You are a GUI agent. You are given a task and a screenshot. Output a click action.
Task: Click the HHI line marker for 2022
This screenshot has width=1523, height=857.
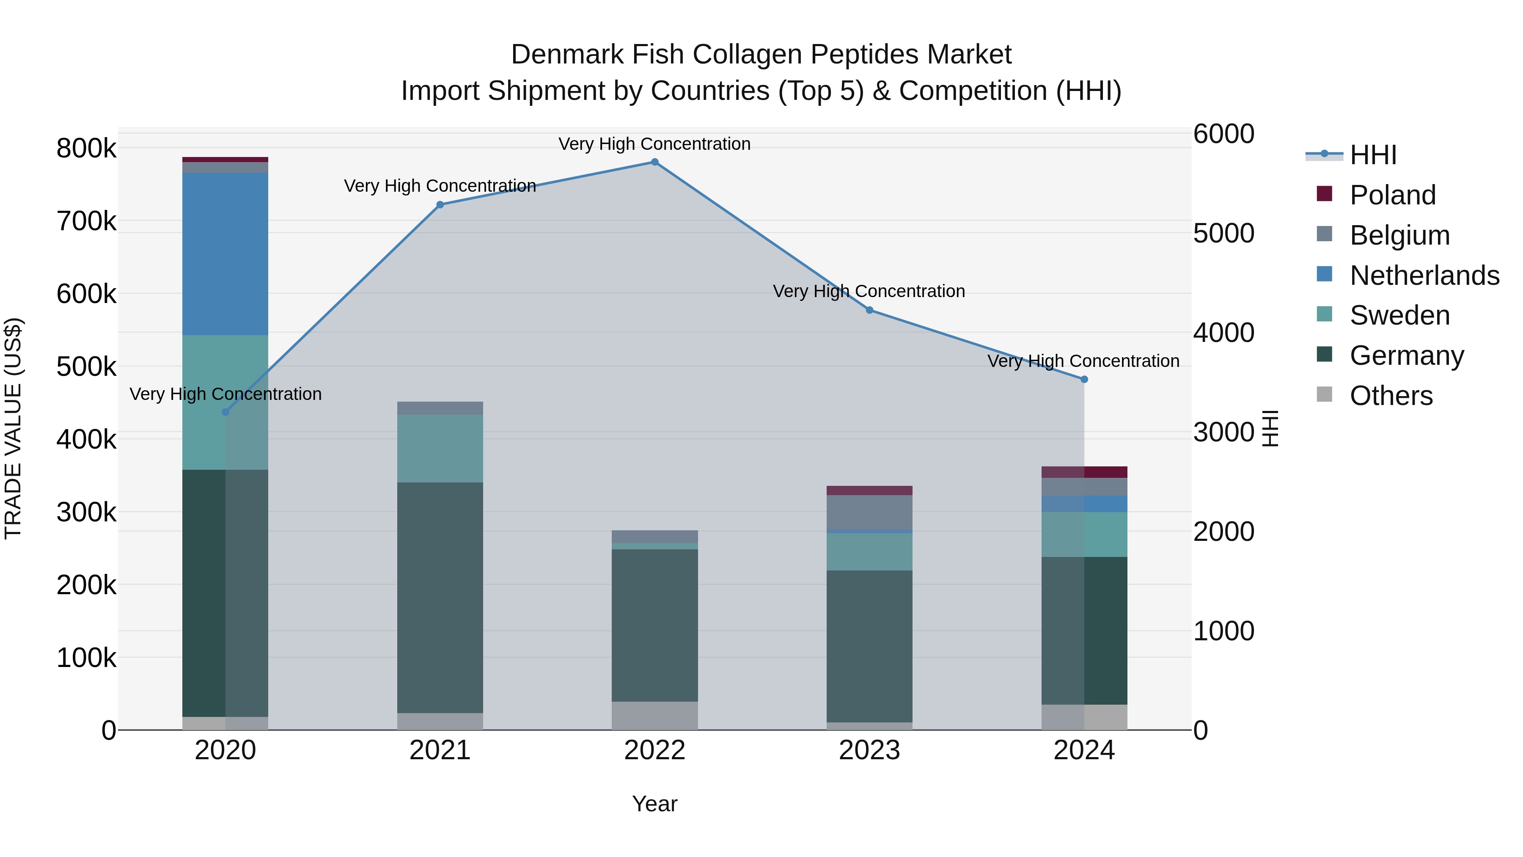654,162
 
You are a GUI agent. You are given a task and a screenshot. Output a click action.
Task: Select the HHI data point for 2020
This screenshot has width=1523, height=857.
225,412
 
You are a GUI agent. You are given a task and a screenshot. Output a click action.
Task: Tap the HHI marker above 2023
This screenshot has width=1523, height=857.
869,310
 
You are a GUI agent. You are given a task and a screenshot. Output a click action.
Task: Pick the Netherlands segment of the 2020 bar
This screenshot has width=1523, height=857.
225,254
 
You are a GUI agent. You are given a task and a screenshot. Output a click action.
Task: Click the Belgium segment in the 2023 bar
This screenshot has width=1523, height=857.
869,512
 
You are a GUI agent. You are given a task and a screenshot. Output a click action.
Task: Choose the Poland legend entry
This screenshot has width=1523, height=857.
1392,195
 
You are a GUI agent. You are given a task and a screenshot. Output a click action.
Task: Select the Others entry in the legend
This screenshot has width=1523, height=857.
1391,396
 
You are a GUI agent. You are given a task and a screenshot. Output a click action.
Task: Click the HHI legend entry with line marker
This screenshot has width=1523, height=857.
1351,155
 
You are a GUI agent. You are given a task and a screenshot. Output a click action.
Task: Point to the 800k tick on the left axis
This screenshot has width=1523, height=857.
86,149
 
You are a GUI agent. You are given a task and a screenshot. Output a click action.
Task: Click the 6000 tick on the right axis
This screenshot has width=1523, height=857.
1223,134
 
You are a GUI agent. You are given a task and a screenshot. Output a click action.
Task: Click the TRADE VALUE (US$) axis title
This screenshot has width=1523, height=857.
14,428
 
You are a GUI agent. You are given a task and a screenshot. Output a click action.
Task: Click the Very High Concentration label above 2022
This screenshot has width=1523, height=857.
654,144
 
